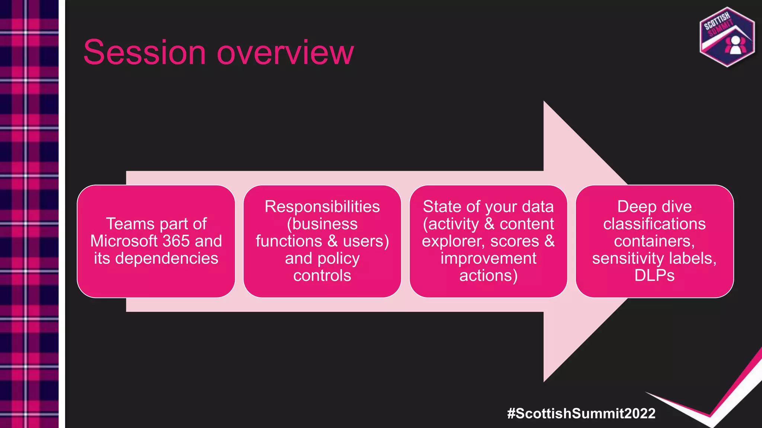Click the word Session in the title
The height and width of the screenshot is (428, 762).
point(144,52)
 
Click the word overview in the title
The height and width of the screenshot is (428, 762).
point(285,52)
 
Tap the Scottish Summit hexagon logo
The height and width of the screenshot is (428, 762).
point(727,37)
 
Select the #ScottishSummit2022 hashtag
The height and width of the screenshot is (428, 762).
point(581,414)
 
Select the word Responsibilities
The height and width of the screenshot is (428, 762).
point(322,207)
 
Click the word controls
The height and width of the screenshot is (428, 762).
point(322,276)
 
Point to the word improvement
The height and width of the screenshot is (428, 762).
point(488,258)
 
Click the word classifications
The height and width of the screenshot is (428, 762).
point(654,224)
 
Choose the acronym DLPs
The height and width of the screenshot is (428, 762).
point(654,276)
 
